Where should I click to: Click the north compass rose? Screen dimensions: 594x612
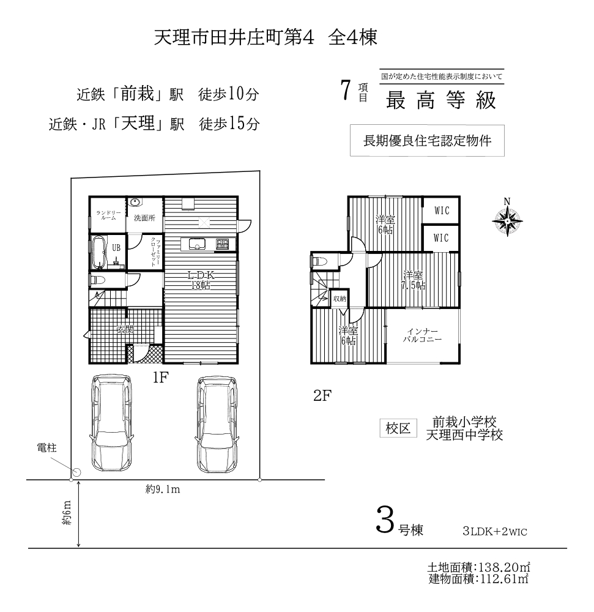(507, 221)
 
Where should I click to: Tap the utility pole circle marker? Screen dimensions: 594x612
(77, 472)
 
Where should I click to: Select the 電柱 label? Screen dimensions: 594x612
(47, 448)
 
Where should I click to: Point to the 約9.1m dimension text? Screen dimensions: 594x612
(163, 489)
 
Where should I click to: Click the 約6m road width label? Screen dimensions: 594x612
(67, 512)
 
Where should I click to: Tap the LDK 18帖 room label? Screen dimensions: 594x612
(201, 280)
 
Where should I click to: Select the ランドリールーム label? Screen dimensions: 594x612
(108, 215)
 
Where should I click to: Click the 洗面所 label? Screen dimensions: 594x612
(144, 218)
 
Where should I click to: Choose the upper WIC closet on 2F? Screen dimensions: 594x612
(441, 210)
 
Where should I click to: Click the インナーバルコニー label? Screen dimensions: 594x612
(422, 335)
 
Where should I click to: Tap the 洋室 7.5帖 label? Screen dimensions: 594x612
(413, 280)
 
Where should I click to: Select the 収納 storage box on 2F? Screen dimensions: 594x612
(340, 299)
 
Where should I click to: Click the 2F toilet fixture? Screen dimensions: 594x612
(319, 261)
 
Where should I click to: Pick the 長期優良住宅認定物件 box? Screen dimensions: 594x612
(427, 141)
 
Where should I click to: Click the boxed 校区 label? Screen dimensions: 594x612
(398, 428)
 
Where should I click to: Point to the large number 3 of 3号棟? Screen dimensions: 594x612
(385, 520)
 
